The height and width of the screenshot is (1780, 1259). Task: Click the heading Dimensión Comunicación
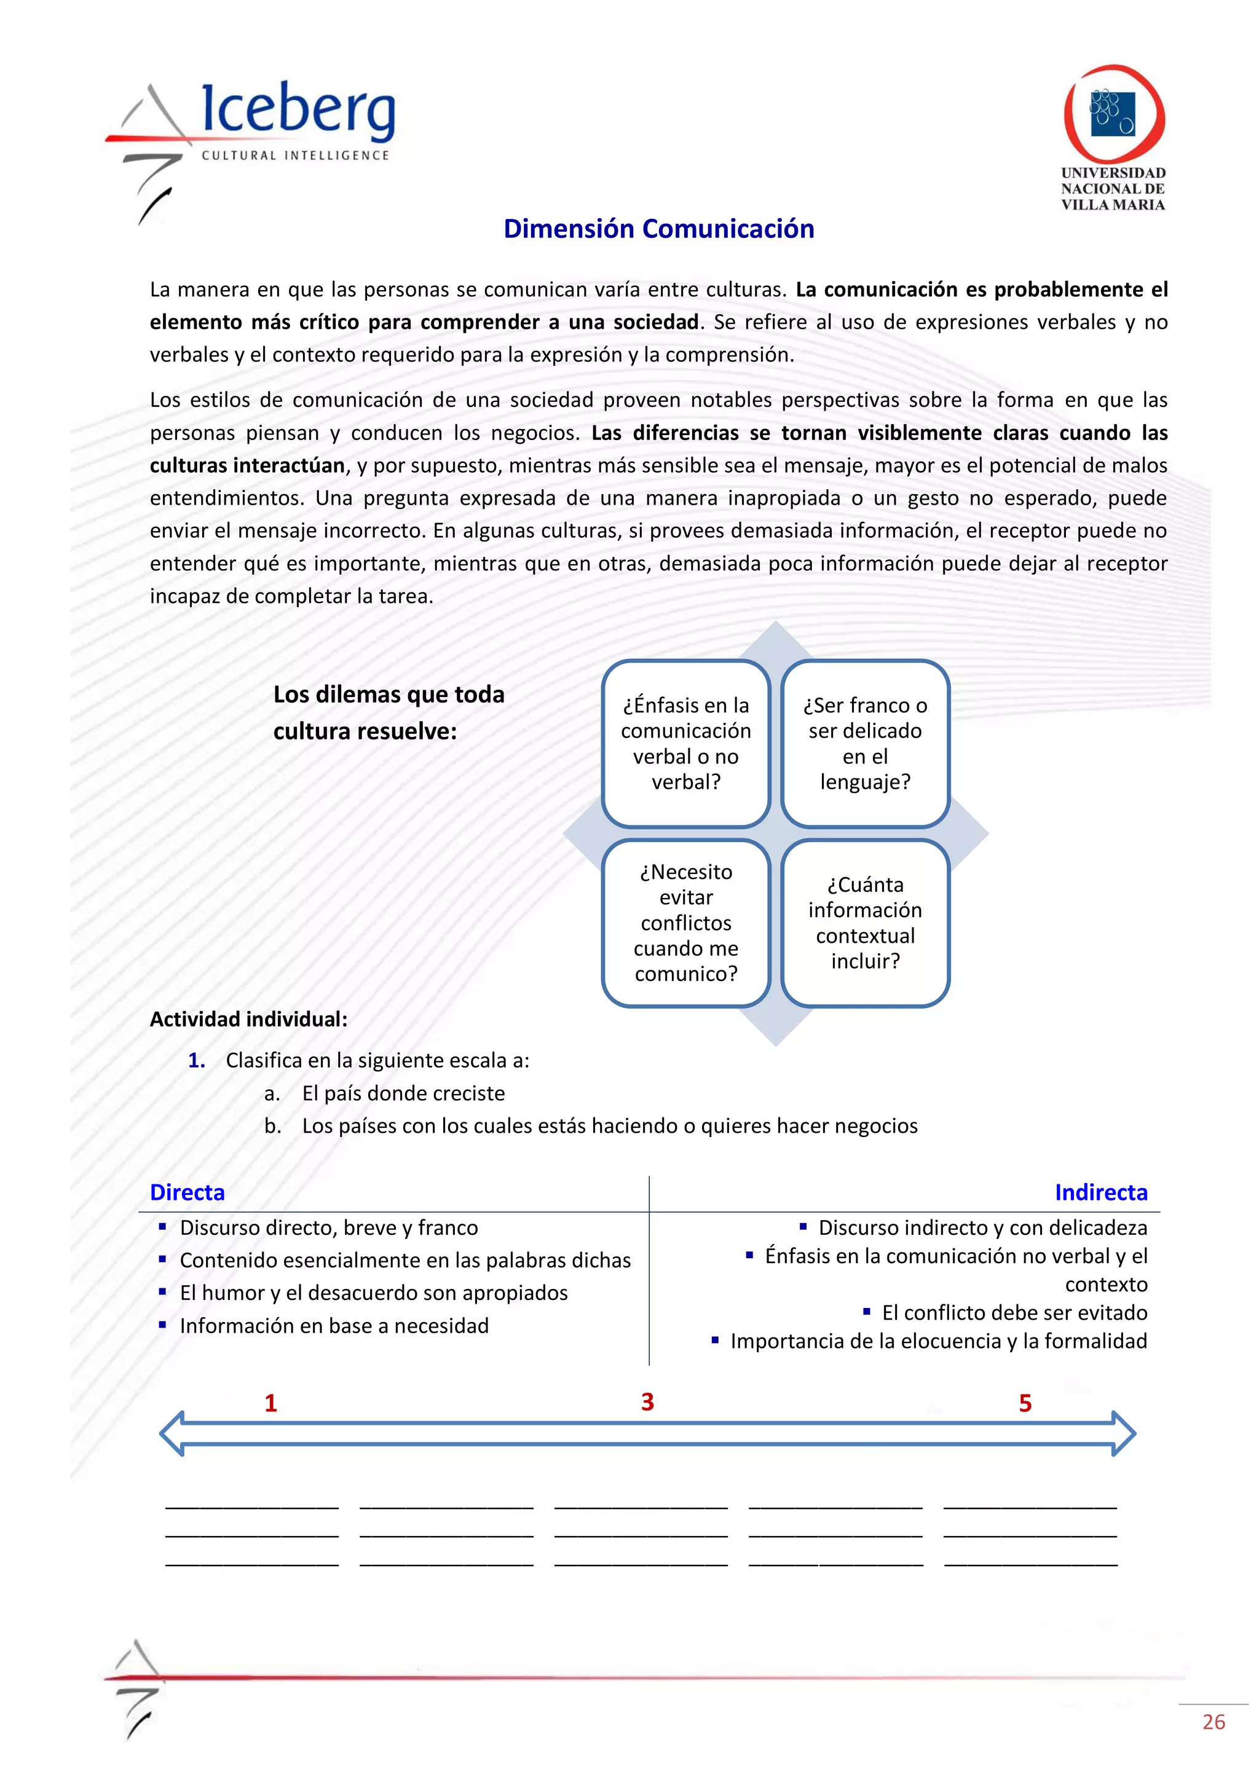point(658,229)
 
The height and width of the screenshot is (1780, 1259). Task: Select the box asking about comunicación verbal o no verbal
point(686,744)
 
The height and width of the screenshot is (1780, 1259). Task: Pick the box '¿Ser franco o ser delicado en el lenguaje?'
point(865,744)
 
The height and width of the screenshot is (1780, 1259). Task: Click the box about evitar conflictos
point(686,923)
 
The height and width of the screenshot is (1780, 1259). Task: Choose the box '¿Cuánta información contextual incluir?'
point(865,923)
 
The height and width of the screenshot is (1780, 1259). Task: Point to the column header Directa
point(187,1192)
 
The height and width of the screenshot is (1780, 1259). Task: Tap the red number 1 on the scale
point(270,1403)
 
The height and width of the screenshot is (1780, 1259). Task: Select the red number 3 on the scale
point(647,1401)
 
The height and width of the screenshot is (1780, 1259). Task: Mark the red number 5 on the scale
point(1025,1403)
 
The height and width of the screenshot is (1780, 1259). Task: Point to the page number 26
point(1214,1722)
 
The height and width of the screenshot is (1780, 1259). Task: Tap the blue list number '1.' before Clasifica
point(197,1060)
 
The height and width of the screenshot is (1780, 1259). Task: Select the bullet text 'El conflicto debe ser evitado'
point(1014,1312)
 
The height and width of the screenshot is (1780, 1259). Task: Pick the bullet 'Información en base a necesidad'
point(334,1326)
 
